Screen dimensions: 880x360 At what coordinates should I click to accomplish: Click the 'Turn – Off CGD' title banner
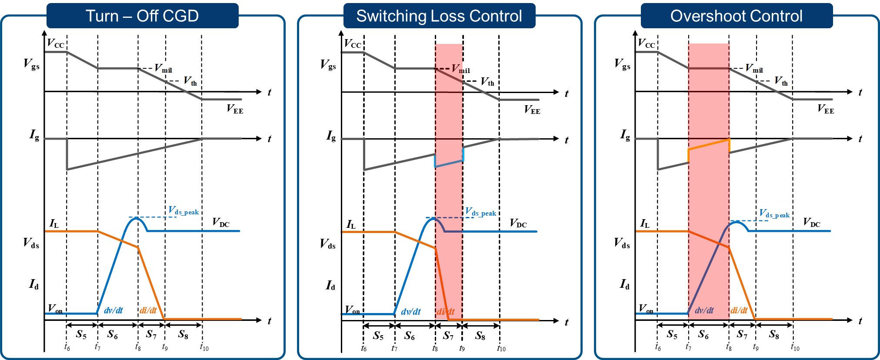143,16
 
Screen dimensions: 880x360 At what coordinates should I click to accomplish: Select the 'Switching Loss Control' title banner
439,16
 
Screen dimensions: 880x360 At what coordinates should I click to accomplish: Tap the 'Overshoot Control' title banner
737,16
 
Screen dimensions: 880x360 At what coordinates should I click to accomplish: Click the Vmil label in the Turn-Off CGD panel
163,69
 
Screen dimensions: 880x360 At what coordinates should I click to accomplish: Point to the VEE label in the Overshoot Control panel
826,109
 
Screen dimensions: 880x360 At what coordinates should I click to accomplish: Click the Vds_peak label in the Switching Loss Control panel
480,212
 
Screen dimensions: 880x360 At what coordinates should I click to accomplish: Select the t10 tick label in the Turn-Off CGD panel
204,347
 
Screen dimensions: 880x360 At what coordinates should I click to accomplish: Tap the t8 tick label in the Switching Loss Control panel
435,348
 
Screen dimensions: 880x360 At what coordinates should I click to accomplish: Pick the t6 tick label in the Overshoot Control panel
658,347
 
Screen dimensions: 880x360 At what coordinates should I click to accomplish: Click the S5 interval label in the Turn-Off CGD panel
81,334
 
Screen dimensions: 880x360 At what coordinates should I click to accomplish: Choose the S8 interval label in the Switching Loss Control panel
480,336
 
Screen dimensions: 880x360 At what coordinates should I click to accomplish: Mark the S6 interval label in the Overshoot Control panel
703,334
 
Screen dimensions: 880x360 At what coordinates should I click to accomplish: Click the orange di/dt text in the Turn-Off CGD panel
148,310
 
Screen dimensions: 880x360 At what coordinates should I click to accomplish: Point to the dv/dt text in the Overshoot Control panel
704,310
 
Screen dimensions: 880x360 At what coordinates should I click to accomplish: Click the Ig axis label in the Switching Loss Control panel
331,136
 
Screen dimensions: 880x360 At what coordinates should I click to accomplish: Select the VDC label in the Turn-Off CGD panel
221,222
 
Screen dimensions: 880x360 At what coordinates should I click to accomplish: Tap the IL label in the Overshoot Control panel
645,223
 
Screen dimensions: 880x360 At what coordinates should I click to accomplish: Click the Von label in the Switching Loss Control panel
353,310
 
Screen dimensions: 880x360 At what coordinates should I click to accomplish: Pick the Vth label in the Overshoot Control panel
781,81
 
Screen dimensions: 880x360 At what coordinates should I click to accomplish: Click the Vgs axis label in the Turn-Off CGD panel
31,64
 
